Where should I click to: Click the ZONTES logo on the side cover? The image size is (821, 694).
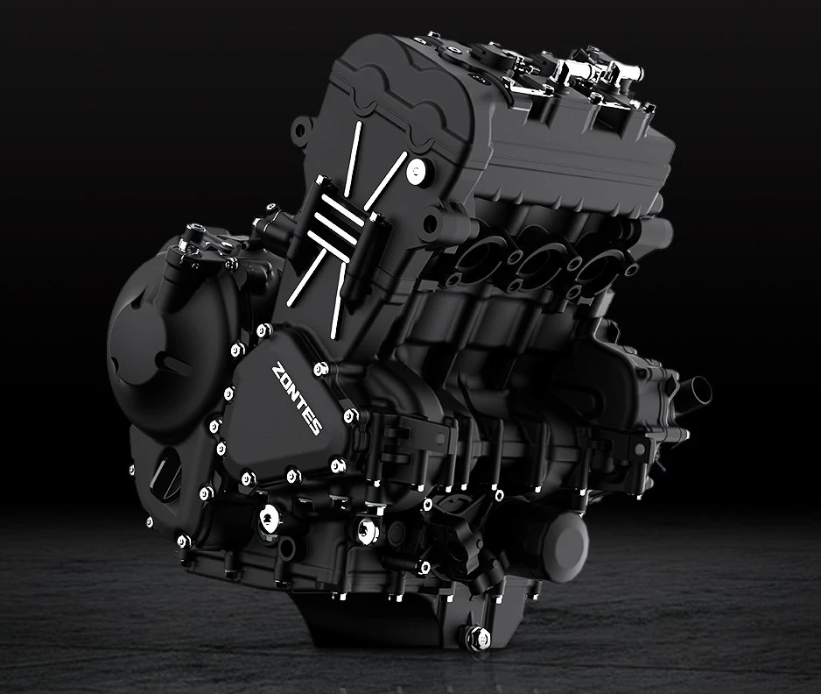[296, 399]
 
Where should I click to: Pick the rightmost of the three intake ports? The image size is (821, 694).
[597, 266]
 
